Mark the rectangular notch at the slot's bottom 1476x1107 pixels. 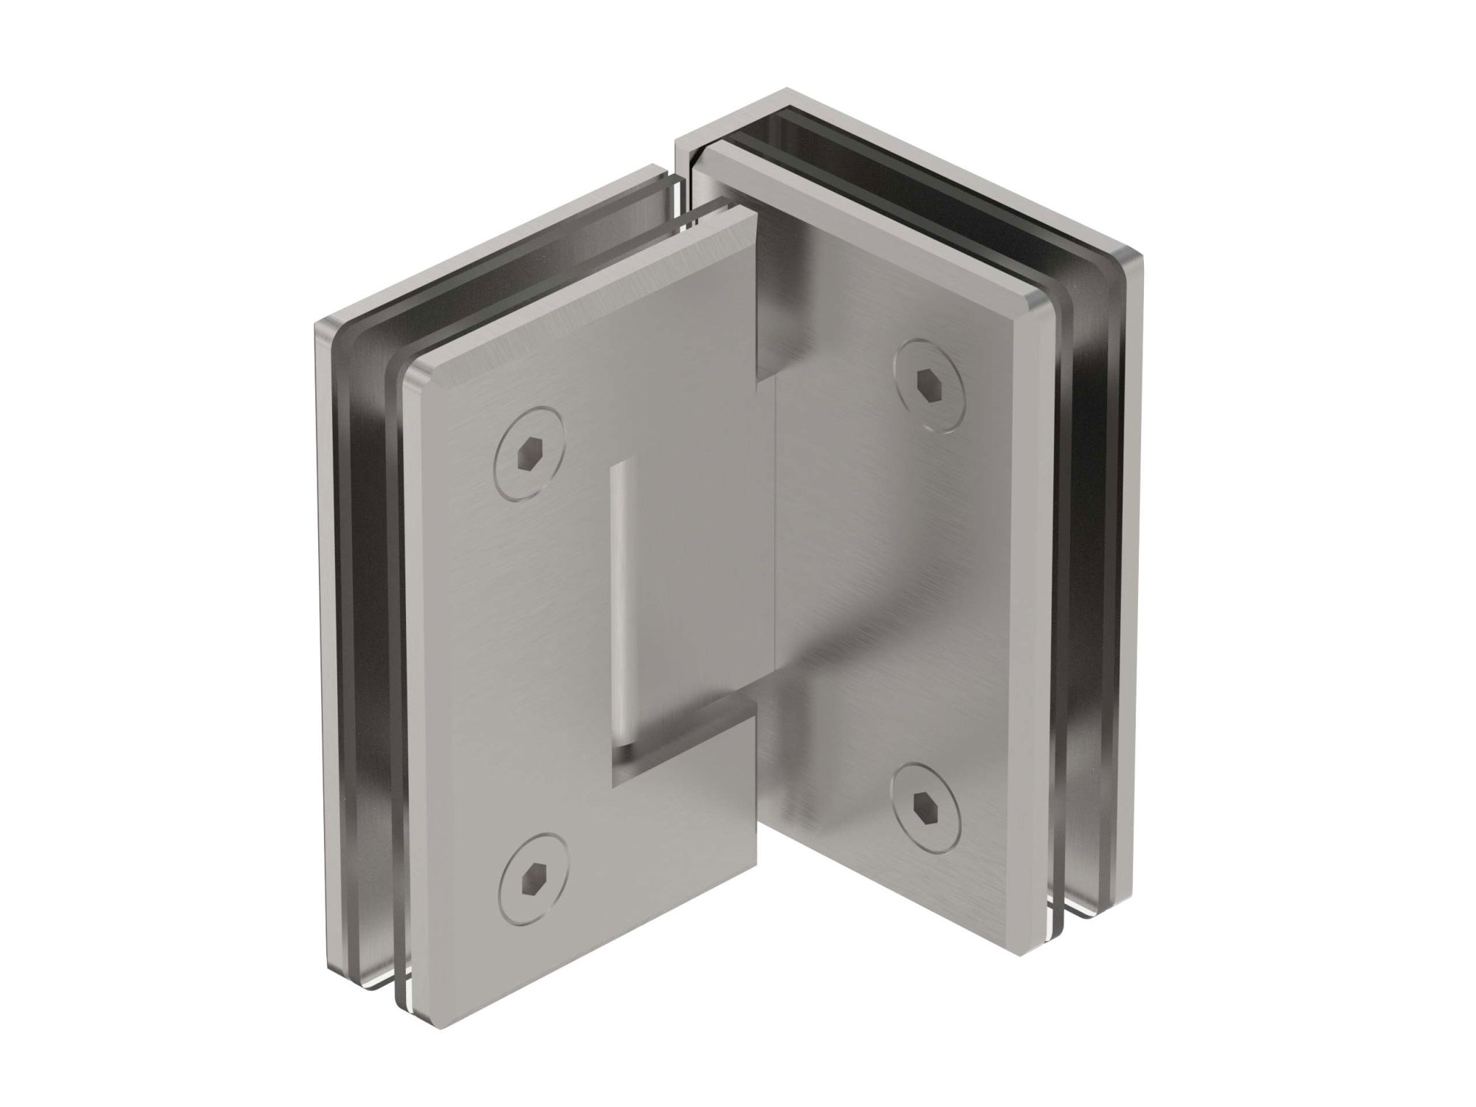click(664, 745)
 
